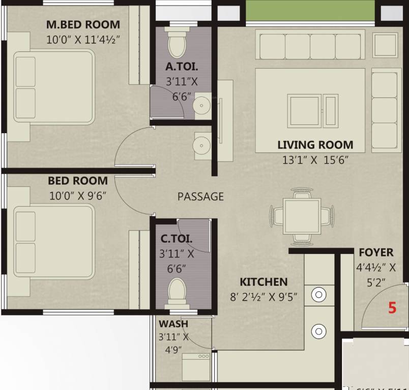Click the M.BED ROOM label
(x=83, y=24)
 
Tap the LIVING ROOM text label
(x=315, y=145)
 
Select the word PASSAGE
(x=200, y=197)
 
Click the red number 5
(x=392, y=308)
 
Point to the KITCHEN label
(x=264, y=282)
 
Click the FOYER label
(x=376, y=252)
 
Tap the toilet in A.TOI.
(x=178, y=43)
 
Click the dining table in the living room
(x=301, y=215)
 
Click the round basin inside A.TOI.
(x=203, y=106)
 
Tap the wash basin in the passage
(x=202, y=144)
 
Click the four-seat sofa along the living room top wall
(x=310, y=47)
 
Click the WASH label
(x=173, y=324)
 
